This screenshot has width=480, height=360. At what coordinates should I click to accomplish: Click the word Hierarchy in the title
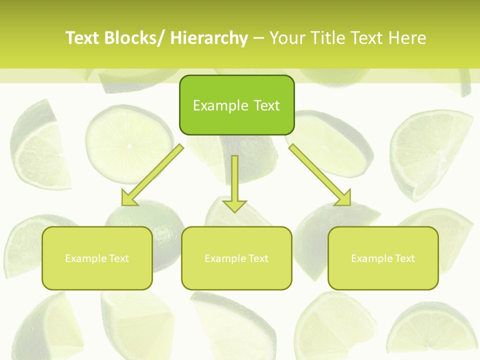point(209,38)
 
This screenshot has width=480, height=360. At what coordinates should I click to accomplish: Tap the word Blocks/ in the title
point(131,38)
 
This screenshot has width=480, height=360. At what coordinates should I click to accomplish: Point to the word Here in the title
point(408,38)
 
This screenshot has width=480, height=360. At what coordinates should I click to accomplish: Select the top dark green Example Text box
point(236,105)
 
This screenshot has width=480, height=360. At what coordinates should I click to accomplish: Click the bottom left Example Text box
point(97,258)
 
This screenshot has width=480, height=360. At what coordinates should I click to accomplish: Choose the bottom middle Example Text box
point(236,258)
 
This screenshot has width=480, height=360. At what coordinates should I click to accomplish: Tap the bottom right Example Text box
point(383,258)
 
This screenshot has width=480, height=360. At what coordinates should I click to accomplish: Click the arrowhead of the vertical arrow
point(234,206)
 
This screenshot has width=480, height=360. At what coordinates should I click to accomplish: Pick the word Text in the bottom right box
point(404,258)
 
